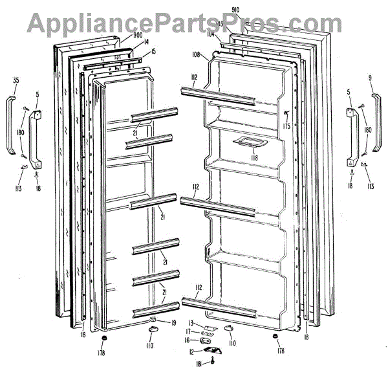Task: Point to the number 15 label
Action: pyautogui.click(x=153, y=51)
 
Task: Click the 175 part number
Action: pyautogui.click(x=286, y=127)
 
